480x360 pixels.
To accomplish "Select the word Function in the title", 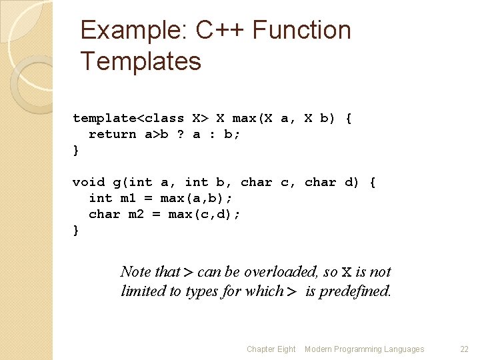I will tap(302, 31).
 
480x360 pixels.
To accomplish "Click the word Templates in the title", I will tap(141, 61).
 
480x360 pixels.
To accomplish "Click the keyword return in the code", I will tap(112, 134).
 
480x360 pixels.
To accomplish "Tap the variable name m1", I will tap(128, 198).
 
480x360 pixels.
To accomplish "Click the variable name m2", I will tap(136, 214).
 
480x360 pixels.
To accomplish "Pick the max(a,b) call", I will tap(196, 198).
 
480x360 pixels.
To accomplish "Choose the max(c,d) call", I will tap(204, 214).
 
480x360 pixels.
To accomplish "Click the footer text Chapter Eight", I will tap(271, 349).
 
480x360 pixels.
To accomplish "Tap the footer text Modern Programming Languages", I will tap(364, 349).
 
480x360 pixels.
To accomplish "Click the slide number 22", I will tap(465, 349).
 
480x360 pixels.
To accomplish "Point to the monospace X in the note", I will tap(346, 272).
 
